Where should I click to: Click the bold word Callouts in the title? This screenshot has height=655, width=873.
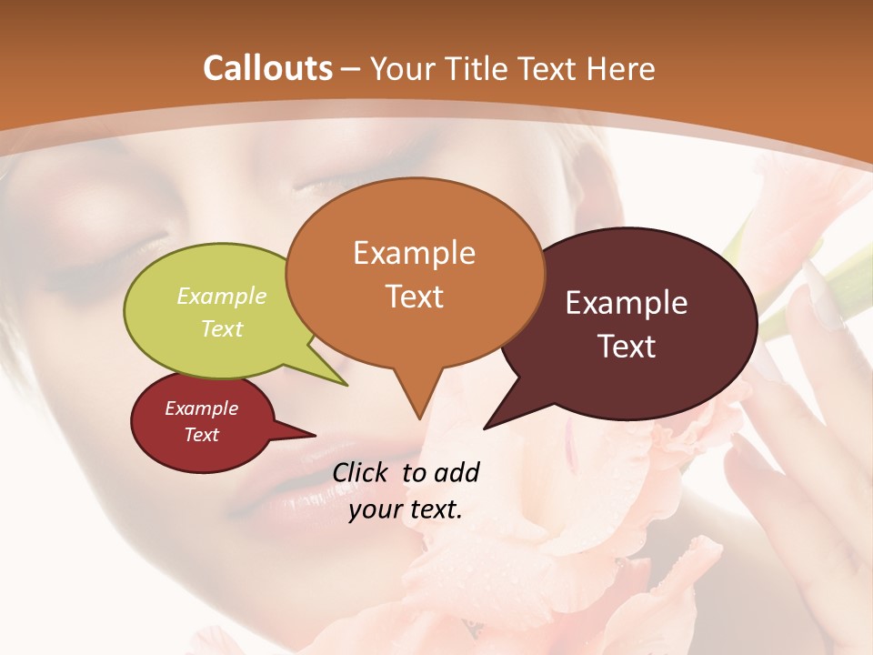point(267,68)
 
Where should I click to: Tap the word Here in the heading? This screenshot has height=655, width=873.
point(623,68)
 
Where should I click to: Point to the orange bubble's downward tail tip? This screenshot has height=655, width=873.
point(418,418)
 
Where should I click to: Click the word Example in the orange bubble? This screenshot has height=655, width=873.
point(414,253)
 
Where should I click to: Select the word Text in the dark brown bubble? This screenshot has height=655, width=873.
point(627,347)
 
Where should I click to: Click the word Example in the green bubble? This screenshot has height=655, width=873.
point(222,296)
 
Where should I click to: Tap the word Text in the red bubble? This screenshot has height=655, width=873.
point(202,435)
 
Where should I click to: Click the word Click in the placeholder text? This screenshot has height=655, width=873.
point(364,472)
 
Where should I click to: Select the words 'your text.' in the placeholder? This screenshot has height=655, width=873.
point(406,509)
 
